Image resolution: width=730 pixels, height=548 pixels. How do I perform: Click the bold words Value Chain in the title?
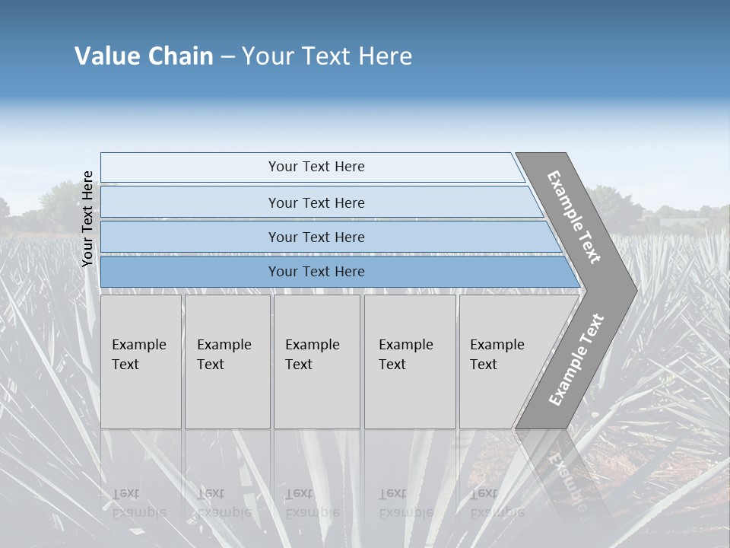[144, 56]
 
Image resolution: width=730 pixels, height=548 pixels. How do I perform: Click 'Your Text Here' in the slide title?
[327, 56]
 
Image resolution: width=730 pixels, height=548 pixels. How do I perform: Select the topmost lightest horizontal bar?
[316, 167]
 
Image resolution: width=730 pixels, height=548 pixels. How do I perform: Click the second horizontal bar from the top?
[316, 202]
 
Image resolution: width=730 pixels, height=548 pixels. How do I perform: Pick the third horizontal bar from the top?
[316, 237]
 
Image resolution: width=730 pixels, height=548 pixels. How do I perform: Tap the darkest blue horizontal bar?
[316, 272]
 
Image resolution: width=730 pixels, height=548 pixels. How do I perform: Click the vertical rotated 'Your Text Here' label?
[87, 219]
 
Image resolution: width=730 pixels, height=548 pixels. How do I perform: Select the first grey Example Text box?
[141, 362]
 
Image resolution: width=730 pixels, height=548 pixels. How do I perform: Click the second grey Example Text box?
[227, 362]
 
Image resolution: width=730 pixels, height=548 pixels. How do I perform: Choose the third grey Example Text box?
[316, 362]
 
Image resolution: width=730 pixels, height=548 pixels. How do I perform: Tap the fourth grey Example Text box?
[409, 362]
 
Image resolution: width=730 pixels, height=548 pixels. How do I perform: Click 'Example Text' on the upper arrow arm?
[574, 217]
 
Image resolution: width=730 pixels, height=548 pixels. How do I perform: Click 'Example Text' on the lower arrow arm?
[576, 360]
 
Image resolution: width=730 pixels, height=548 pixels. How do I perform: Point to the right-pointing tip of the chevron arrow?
[633, 290]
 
